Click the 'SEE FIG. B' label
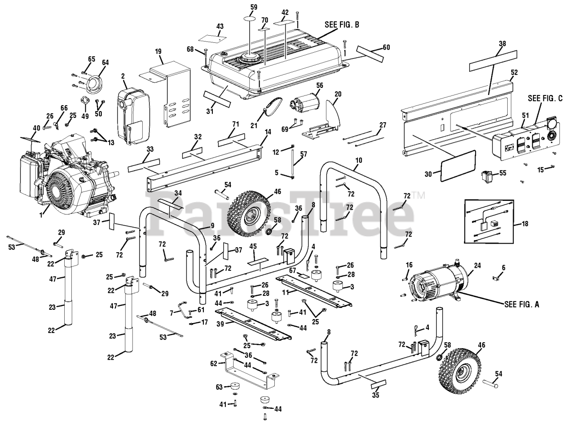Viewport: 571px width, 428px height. point(342,25)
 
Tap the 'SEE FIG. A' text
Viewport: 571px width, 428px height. point(521,304)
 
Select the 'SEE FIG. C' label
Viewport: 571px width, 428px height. point(546,98)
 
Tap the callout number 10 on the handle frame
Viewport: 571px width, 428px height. point(359,160)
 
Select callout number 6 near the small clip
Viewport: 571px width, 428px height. point(504,267)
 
